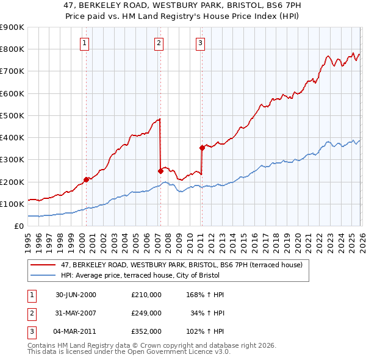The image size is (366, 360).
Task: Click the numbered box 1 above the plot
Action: point(84,43)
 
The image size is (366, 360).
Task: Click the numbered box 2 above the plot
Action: point(159,43)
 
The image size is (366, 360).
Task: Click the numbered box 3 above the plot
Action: point(200,43)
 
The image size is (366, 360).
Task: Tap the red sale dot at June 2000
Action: point(86,179)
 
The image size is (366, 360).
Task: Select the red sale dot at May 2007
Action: point(160,171)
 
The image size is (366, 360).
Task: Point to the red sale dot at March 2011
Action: point(201,148)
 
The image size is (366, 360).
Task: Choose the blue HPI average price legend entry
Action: point(177,275)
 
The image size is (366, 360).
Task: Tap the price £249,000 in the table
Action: point(146,313)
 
